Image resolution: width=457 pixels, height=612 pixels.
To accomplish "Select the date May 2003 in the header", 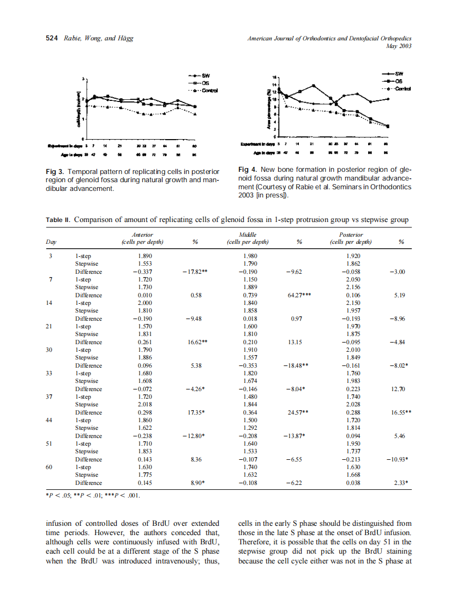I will point(398,46).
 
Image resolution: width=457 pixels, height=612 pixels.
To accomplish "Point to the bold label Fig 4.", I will point(248,170).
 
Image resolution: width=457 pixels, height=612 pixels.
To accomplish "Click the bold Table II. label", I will point(58,220).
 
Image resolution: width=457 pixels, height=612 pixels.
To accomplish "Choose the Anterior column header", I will point(142,235).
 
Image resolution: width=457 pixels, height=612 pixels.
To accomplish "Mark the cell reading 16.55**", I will point(401,412).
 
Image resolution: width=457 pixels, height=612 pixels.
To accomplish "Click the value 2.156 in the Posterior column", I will point(353,287).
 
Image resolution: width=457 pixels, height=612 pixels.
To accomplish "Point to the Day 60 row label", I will point(50,467).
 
